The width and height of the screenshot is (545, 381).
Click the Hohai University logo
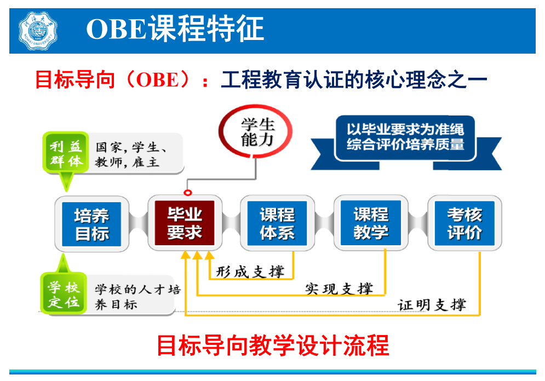pyautogui.click(x=38, y=31)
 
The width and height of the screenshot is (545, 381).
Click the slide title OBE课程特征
pyautogui.click(x=175, y=29)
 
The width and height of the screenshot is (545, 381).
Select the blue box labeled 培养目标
pyautogui.click(x=91, y=224)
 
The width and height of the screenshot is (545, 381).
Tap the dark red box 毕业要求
pyautogui.click(x=185, y=223)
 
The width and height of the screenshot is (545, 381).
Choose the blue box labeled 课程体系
pyautogui.click(x=277, y=223)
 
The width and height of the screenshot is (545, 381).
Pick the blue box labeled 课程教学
pyautogui.click(x=371, y=223)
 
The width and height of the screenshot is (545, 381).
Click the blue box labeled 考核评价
pyautogui.click(x=464, y=223)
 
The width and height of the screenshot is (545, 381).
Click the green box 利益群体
pyautogui.click(x=66, y=153)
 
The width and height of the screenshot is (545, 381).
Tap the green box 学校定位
pyautogui.click(x=64, y=293)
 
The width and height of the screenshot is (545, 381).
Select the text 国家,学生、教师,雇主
pyautogui.click(x=131, y=154)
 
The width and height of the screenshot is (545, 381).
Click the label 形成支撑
pyautogui.click(x=250, y=272)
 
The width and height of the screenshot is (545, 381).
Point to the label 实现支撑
pyautogui.click(x=339, y=288)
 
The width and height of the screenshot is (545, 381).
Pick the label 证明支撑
pyautogui.click(x=432, y=305)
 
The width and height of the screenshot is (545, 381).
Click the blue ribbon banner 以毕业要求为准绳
pyautogui.click(x=406, y=143)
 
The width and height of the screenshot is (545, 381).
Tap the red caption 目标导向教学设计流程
pyautogui.click(x=273, y=345)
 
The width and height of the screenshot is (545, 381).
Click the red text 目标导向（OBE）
pyautogui.click(x=113, y=79)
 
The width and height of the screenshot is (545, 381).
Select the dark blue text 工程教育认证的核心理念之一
pyautogui.click(x=354, y=79)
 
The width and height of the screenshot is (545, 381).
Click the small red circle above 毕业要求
pyautogui.click(x=188, y=192)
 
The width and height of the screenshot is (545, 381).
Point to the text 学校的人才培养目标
pyautogui.click(x=137, y=297)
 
